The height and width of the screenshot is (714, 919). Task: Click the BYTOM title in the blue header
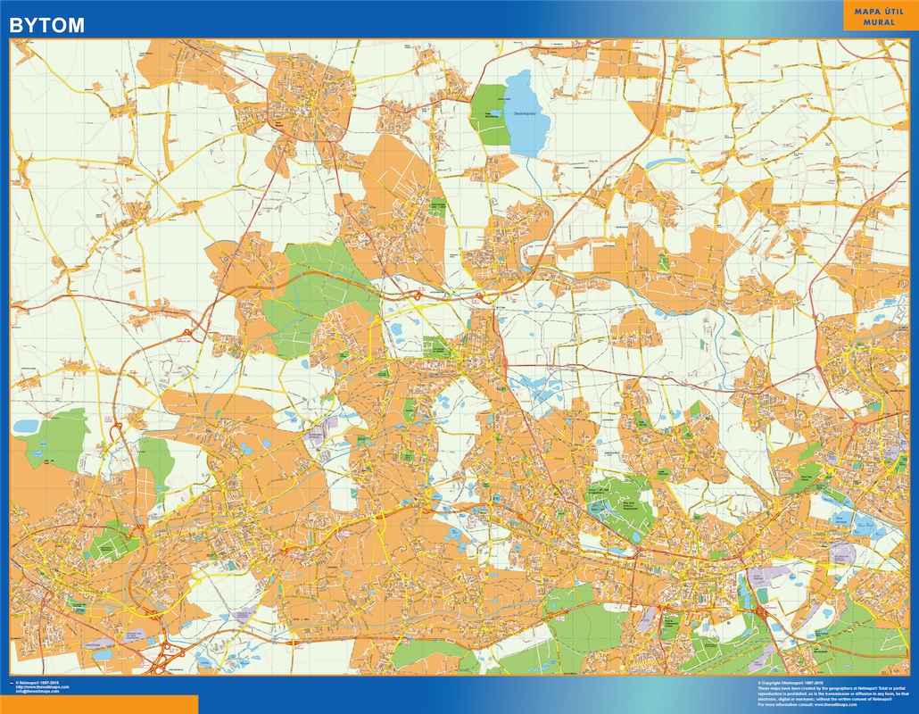46,25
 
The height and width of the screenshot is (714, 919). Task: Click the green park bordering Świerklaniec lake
486,112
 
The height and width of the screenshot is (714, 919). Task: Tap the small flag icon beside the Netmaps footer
10,682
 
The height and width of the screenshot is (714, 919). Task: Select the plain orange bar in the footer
98,704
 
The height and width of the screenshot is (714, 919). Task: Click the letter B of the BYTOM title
15,25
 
